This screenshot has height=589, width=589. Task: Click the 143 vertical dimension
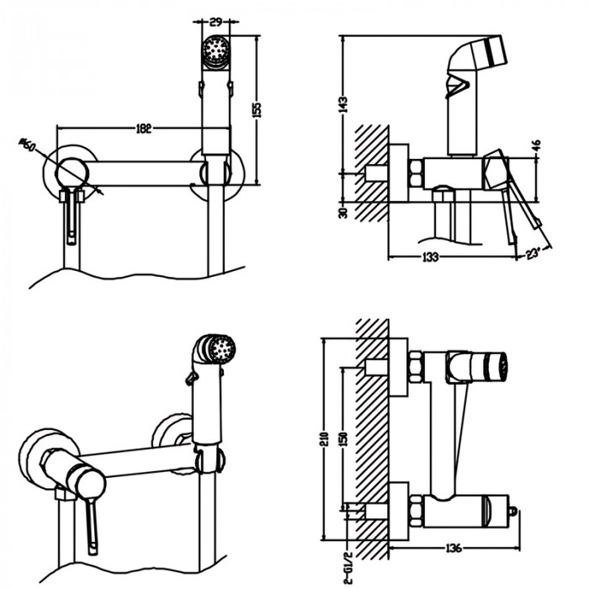(x=343, y=102)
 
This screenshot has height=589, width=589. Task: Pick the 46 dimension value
(x=536, y=145)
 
